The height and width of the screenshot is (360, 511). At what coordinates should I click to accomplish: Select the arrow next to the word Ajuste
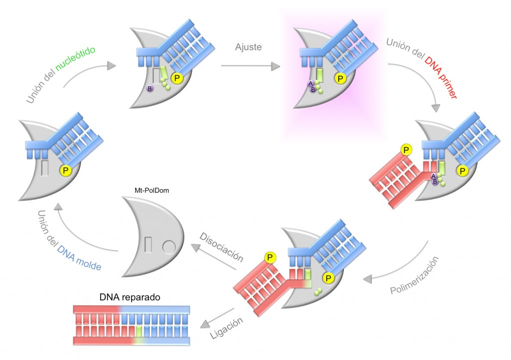[x=250, y=65]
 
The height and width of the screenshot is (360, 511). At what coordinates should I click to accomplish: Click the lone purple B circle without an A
[x=149, y=88]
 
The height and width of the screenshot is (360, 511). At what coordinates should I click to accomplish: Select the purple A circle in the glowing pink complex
[x=310, y=83]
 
